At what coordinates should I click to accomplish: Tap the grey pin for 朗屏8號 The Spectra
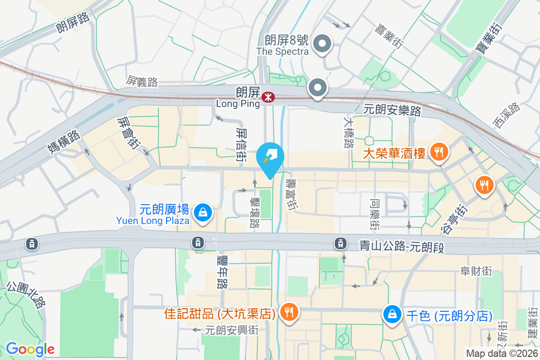(322, 45)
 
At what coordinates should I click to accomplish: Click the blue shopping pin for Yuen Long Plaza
(203, 212)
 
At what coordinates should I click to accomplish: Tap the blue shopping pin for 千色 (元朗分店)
(393, 314)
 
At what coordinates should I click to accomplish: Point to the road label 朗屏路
(73, 22)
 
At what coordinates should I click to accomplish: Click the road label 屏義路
(142, 81)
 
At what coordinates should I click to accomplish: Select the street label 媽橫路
(63, 142)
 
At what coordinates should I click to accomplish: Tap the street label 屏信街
(242, 143)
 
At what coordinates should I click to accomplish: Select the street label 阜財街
(476, 271)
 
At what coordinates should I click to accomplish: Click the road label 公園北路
(27, 295)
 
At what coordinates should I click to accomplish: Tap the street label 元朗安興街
(231, 330)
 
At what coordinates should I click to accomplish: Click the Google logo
(30, 349)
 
